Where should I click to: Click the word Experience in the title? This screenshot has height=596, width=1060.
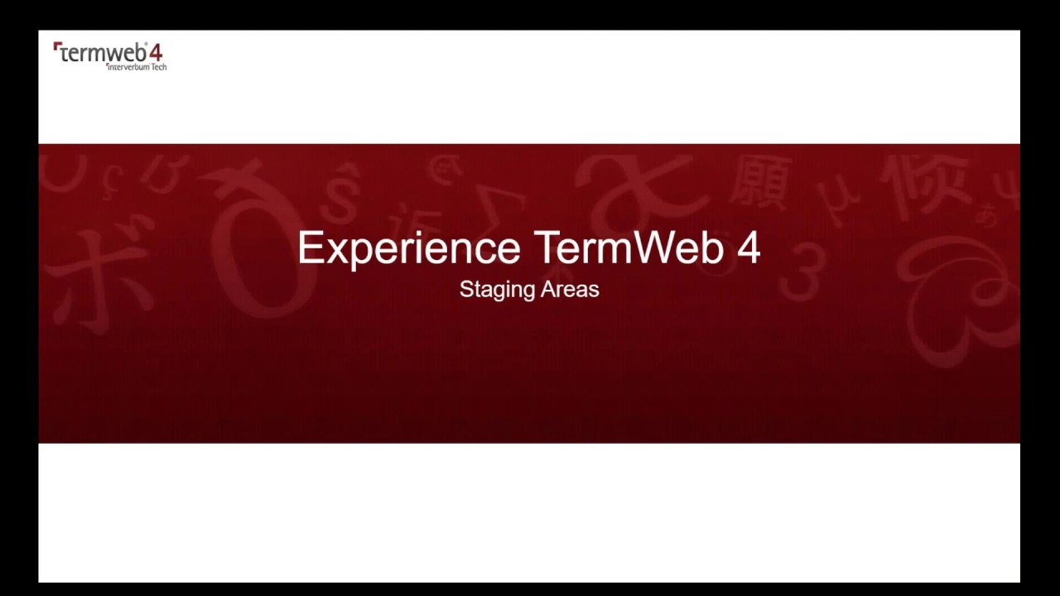point(408,249)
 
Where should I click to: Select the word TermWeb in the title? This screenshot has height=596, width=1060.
point(629,248)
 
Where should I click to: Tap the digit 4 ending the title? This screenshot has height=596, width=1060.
point(748,248)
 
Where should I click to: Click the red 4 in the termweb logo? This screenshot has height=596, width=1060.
point(156,53)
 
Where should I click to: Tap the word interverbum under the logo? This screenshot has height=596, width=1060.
point(128,67)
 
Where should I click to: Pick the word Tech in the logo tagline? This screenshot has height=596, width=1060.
point(158,67)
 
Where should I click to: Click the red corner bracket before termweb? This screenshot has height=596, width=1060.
point(56,47)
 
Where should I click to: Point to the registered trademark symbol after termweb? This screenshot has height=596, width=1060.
point(146,45)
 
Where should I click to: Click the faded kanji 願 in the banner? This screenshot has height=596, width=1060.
point(760,182)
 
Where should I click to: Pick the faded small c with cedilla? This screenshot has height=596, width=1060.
point(113,176)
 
